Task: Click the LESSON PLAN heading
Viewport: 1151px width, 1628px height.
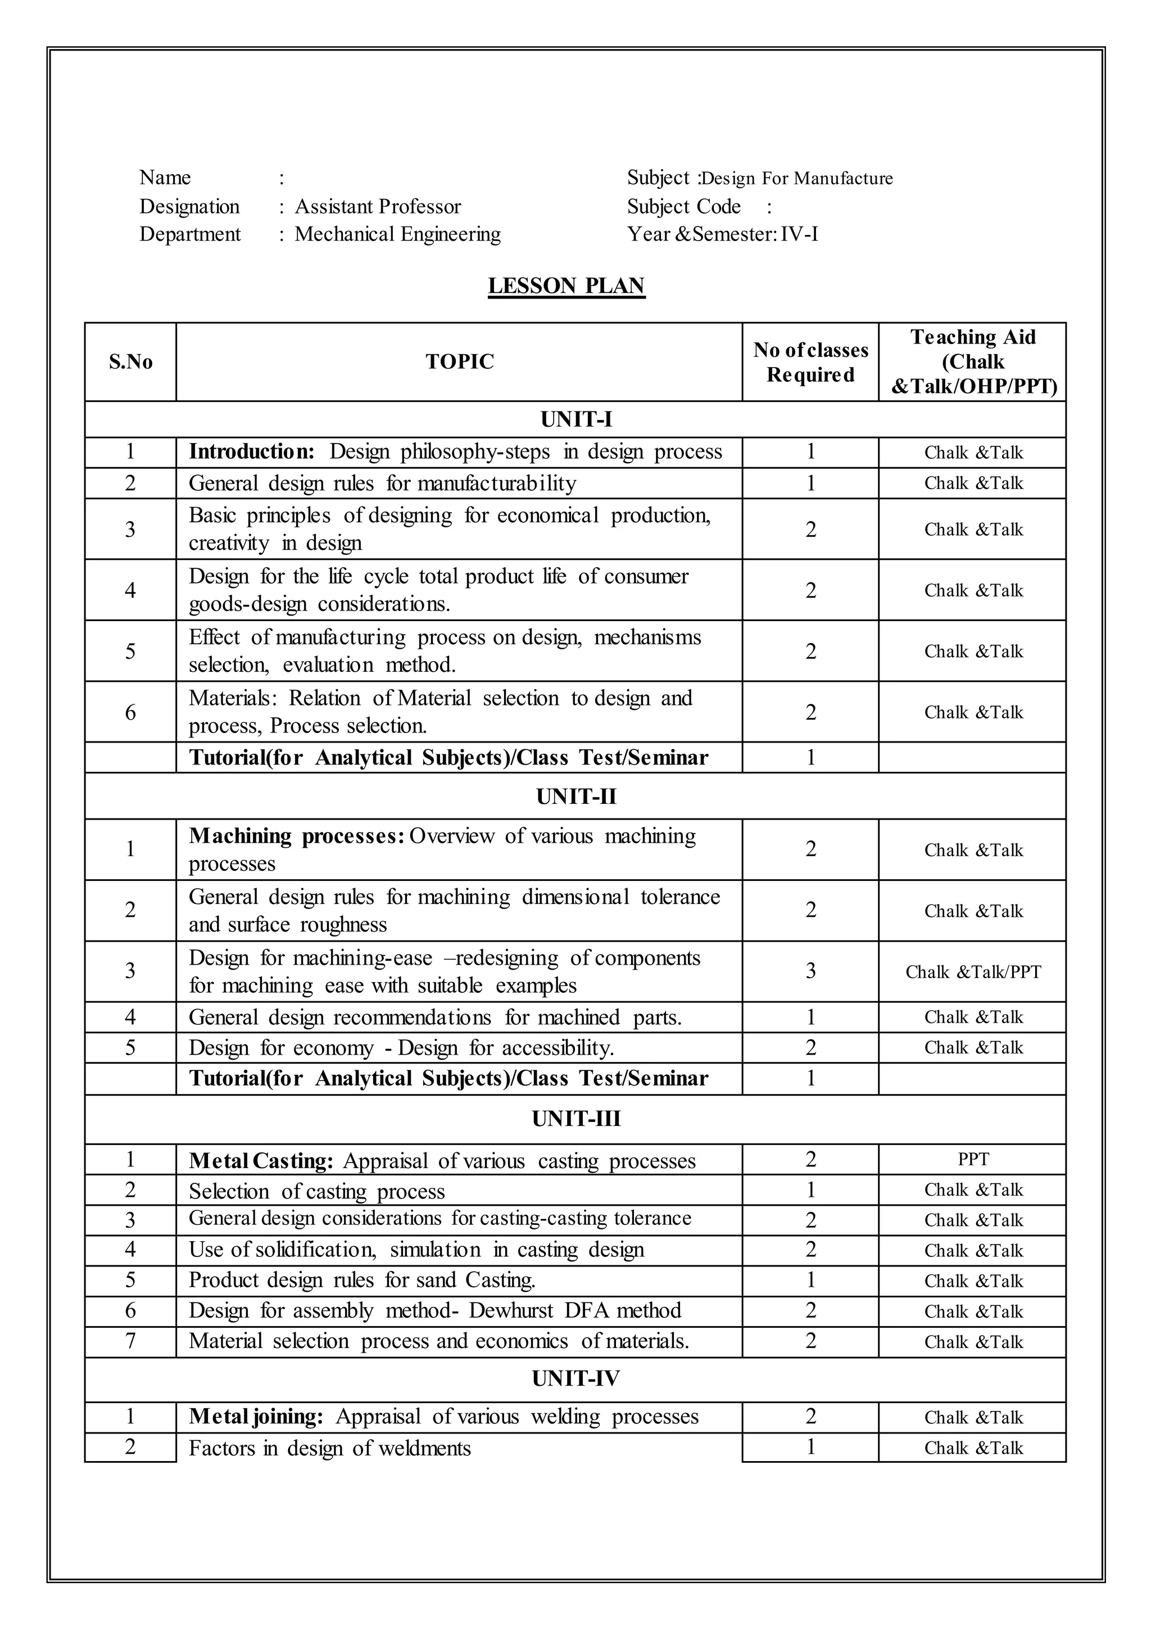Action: point(567,286)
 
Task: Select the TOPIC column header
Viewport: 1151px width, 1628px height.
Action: point(459,361)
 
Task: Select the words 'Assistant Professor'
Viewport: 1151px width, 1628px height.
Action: point(378,206)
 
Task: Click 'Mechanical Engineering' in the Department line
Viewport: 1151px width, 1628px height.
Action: point(397,234)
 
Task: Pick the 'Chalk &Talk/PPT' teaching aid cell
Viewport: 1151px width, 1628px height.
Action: point(972,971)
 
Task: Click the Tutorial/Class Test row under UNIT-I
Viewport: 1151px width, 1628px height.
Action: point(448,758)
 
